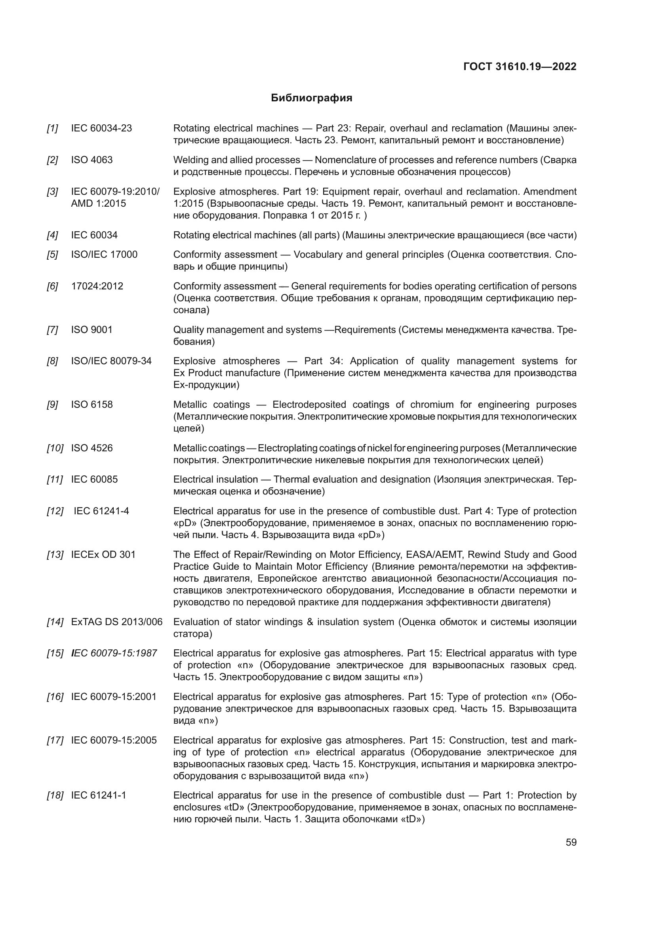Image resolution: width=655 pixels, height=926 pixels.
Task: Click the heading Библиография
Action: [x=311, y=98]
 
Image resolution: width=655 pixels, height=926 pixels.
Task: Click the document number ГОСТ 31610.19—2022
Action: [x=520, y=67]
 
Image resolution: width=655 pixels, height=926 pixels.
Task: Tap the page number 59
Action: [x=571, y=842]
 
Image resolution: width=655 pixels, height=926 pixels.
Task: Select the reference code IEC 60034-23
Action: [x=101, y=128]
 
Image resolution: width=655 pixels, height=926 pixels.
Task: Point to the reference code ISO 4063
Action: [x=91, y=160]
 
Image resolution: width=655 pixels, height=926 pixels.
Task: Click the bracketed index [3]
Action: [x=52, y=192]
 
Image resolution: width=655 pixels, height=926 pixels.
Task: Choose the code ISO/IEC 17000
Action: [x=104, y=255]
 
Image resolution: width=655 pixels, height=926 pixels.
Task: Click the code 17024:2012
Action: [x=97, y=286]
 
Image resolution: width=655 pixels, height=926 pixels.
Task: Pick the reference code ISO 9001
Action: [x=91, y=329]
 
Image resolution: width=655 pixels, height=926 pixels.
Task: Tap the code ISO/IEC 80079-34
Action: [x=111, y=361]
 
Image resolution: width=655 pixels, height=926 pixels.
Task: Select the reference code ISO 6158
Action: [x=91, y=405]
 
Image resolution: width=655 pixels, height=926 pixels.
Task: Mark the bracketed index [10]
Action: [x=55, y=448]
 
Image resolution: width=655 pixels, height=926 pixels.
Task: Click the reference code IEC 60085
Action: [x=94, y=479]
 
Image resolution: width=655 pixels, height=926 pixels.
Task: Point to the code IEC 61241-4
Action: [x=101, y=511]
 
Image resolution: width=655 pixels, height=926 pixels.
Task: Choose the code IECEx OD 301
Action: [x=103, y=555]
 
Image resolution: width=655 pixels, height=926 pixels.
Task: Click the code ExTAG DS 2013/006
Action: [x=116, y=622]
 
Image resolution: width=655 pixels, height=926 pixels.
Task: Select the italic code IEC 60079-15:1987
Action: [x=114, y=653]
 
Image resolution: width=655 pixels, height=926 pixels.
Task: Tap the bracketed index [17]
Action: [x=55, y=740]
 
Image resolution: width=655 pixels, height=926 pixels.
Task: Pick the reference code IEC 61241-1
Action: [x=99, y=795]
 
